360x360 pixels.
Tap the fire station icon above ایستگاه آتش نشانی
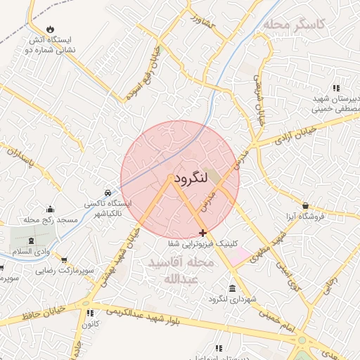click(x=49, y=29)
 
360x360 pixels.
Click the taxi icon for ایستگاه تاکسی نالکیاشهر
click(x=106, y=192)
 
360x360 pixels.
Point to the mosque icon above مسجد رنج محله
click(x=49, y=209)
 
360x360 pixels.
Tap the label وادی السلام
click(x=30, y=251)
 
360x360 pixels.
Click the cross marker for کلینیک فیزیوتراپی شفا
click(x=203, y=233)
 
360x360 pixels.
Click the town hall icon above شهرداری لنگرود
click(x=233, y=288)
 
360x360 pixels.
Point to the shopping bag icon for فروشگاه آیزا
click(x=305, y=205)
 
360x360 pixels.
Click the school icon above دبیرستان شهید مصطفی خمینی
click(x=337, y=88)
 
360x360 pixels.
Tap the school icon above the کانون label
click(x=89, y=313)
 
